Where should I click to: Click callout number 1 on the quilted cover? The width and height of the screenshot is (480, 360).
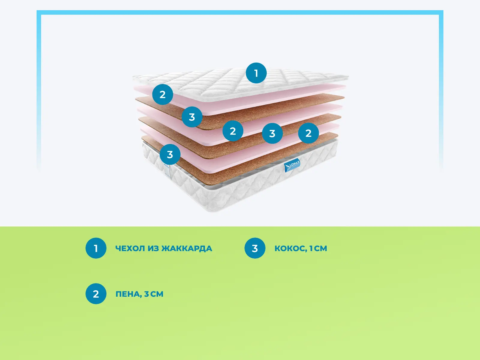[x=256, y=73]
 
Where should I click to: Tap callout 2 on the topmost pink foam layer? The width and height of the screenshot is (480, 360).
[x=163, y=94]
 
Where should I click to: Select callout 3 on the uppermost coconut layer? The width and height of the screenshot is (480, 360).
[x=192, y=117]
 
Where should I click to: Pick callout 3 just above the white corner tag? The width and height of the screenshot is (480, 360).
[x=170, y=154]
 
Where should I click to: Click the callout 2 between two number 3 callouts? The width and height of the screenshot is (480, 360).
[x=233, y=131]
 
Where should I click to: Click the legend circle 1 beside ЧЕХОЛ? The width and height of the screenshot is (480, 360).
[x=96, y=248]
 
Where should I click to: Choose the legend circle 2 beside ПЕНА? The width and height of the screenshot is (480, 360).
[x=96, y=294]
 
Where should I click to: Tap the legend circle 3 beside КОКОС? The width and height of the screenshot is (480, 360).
[x=255, y=248]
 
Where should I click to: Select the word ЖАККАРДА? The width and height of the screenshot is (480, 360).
[x=187, y=248]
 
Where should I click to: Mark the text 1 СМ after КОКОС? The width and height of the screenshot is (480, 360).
[x=318, y=248]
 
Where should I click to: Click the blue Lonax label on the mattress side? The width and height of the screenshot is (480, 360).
[x=292, y=165]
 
